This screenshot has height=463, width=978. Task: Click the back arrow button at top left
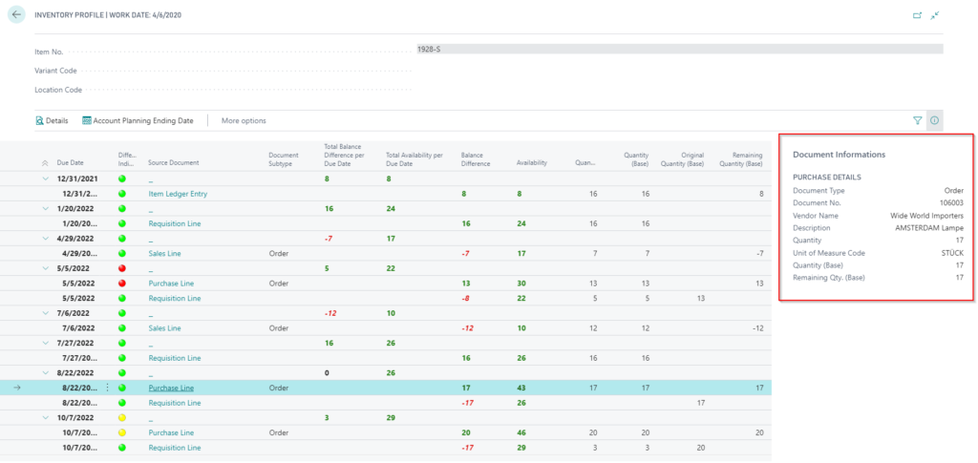[x=16, y=15]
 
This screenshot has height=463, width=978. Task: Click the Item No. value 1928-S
[x=429, y=49]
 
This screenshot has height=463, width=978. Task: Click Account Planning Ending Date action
[x=138, y=120]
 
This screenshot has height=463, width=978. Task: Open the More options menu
[x=244, y=120]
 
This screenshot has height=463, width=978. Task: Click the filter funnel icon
[x=918, y=120]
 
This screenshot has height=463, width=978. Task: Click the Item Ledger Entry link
[x=178, y=194]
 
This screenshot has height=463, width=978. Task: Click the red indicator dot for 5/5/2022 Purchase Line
[x=122, y=284]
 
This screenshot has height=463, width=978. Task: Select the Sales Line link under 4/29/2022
[x=164, y=253]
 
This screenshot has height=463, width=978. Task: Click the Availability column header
[x=531, y=163]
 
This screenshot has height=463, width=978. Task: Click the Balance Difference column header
[x=475, y=158]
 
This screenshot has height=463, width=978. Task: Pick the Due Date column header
[x=70, y=163]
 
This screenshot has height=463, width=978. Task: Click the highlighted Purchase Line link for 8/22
[x=171, y=389]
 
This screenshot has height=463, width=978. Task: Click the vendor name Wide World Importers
[x=926, y=216]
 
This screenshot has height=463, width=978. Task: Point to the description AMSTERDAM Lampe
[x=929, y=228]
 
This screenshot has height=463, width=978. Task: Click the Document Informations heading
[x=839, y=155]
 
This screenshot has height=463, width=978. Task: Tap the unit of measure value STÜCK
[x=951, y=253]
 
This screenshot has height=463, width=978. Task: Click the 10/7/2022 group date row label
[x=74, y=418]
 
